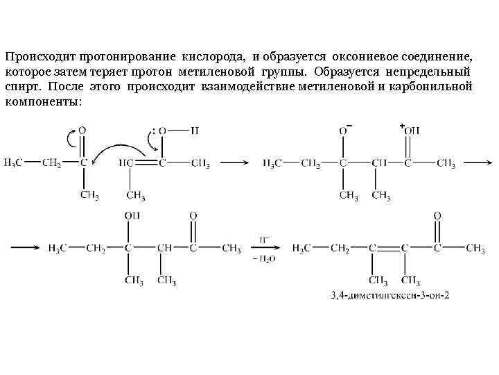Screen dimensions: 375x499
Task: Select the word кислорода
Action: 216,55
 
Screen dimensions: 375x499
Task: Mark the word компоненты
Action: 43,103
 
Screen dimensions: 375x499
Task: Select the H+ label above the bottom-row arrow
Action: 265,239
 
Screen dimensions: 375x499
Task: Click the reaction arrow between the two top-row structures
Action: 234,163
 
